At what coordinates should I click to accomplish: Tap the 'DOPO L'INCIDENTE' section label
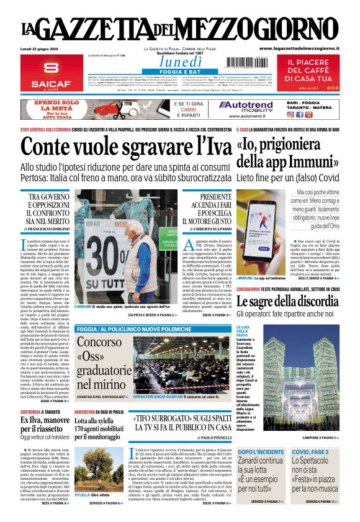(260, 451)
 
